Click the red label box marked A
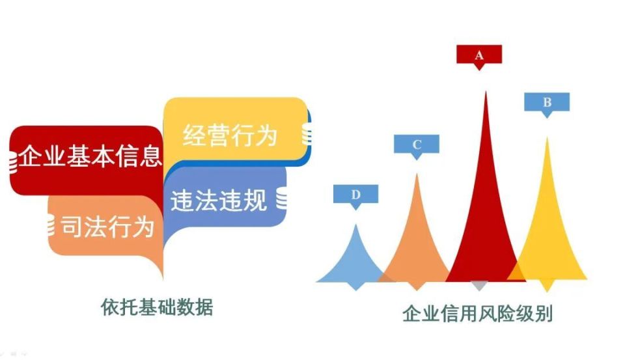(x=479, y=55)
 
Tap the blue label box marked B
(x=547, y=102)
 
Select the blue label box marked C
(x=417, y=145)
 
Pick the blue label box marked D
(x=355, y=194)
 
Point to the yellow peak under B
(x=548, y=234)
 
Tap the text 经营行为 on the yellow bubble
(x=229, y=135)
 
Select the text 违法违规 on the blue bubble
(x=219, y=200)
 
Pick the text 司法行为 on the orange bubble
(x=107, y=226)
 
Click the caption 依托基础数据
(x=157, y=306)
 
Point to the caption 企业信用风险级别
(x=477, y=314)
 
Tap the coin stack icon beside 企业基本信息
(x=11, y=161)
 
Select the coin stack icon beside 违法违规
(x=282, y=199)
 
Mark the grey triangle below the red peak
(x=479, y=286)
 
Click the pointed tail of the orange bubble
(x=160, y=273)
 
